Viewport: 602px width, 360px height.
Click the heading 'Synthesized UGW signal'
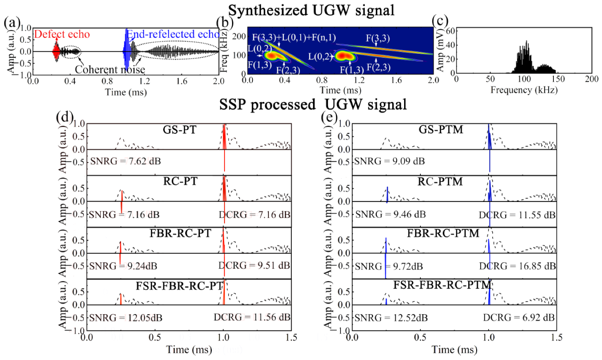pyautogui.click(x=311, y=10)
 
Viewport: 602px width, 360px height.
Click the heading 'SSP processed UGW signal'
pyautogui.click(x=313, y=105)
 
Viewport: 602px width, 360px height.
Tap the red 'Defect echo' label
pyautogui.click(x=62, y=34)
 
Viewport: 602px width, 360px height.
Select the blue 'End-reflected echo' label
pyautogui.click(x=173, y=34)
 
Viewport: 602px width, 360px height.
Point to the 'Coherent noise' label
pyautogui.click(x=110, y=70)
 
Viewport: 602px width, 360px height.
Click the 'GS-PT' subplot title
pyautogui.click(x=180, y=130)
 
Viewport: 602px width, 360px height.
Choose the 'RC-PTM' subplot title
pyautogui.click(x=440, y=182)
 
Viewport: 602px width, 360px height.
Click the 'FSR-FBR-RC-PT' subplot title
pyautogui.click(x=180, y=286)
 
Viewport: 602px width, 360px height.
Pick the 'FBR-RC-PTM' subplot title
pyautogui.click(x=443, y=233)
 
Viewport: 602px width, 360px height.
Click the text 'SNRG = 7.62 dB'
pyautogui.click(x=125, y=161)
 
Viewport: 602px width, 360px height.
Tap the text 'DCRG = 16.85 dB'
pyautogui.click(x=517, y=266)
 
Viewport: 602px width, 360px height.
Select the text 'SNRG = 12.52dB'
pyautogui.click(x=391, y=318)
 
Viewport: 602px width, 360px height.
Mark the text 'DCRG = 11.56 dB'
pyautogui.click(x=252, y=317)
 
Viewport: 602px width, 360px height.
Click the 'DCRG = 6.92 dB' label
pyautogui.click(x=518, y=318)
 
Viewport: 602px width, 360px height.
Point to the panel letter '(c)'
pyautogui.click(x=440, y=21)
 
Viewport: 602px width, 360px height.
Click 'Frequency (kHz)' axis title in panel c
pyautogui.click(x=524, y=90)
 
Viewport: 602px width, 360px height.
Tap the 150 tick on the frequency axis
pyautogui.click(x=558, y=79)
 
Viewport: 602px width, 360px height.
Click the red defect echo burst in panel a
pyautogui.click(x=56, y=51)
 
